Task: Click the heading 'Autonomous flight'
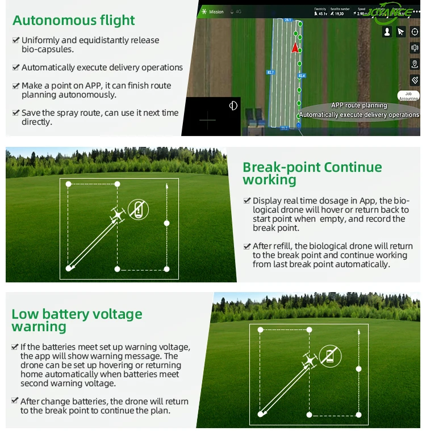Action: (74, 20)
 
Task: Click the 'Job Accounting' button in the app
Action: (408, 96)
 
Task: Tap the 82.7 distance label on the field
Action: (270, 72)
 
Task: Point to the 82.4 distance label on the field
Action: (302, 75)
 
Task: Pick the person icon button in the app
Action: (387, 32)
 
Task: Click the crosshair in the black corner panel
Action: (208, 120)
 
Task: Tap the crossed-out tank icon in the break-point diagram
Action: (137, 210)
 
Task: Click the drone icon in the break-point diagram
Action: (118, 215)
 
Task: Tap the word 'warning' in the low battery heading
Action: (39, 327)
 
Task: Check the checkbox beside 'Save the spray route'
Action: (16, 113)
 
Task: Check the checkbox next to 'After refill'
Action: (247, 246)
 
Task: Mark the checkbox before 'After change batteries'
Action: (15, 402)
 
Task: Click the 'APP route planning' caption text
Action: (359, 105)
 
